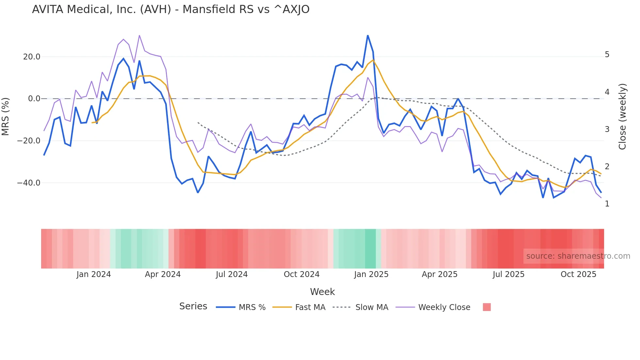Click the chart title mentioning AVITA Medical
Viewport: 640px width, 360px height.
(x=170, y=9)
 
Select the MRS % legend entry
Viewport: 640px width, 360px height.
(x=241, y=307)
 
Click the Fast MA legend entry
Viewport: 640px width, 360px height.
(x=299, y=307)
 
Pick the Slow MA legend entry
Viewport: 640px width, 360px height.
(x=360, y=307)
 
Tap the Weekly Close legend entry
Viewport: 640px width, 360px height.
(x=433, y=307)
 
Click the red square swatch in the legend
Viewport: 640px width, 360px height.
(x=487, y=307)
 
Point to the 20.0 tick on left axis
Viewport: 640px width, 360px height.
(x=32, y=57)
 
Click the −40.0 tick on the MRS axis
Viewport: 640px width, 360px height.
(x=29, y=183)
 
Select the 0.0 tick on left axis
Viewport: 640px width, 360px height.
(x=34, y=99)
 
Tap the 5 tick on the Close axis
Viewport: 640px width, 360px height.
(x=607, y=55)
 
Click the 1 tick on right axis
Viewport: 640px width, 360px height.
(x=607, y=204)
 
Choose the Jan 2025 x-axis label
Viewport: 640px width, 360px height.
(x=371, y=274)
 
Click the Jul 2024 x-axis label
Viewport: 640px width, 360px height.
(x=232, y=274)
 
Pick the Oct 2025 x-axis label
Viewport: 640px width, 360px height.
(x=578, y=274)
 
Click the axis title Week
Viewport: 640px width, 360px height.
(x=322, y=292)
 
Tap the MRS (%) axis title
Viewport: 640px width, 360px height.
(x=6, y=116)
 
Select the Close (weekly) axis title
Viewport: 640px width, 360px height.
(x=622, y=116)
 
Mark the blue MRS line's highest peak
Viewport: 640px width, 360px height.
(x=368, y=36)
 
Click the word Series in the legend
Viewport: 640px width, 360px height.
(x=193, y=306)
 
